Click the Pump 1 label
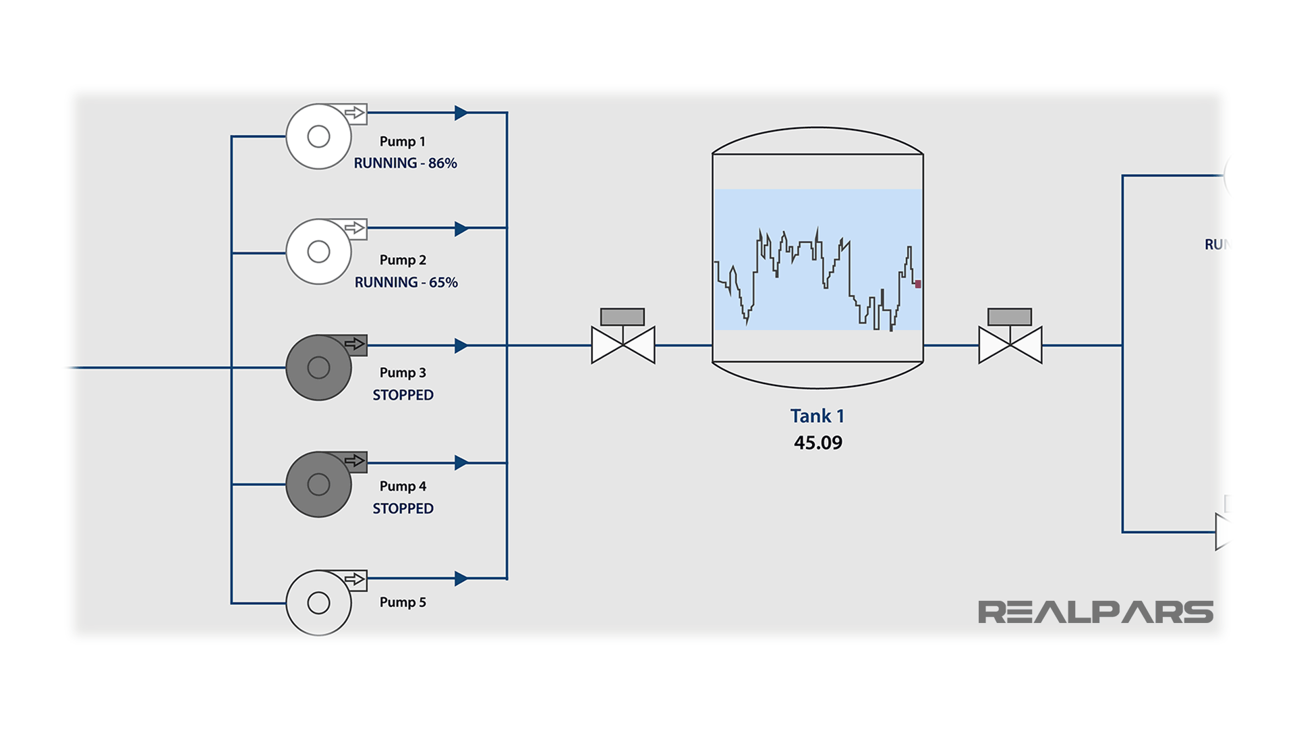click(x=403, y=142)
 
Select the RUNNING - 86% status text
click(x=405, y=163)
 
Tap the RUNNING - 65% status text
click(x=406, y=283)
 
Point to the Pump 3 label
click(x=403, y=373)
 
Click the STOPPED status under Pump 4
click(x=403, y=509)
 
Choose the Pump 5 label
click(x=403, y=602)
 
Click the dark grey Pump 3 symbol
click(x=318, y=368)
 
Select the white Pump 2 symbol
click(x=318, y=252)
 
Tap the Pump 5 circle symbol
click(x=318, y=603)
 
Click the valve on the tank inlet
click(x=623, y=345)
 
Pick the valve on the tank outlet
click(x=1010, y=345)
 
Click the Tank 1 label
click(x=817, y=416)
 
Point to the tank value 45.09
click(x=818, y=443)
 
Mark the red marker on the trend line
click(x=918, y=284)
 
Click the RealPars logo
click(x=1095, y=612)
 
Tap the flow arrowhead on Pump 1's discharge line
click(x=461, y=113)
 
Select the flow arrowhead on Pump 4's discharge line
click(x=461, y=463)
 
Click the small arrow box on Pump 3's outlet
click(x=355, y=344)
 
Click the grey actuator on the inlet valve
click(x=622, y=317)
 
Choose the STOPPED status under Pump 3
click(x=403, y=396)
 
